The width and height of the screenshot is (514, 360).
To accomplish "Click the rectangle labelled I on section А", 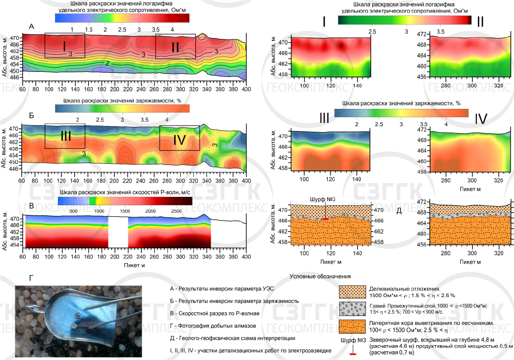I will pos(65,45).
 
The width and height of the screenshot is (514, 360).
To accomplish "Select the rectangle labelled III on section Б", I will pos(65,136).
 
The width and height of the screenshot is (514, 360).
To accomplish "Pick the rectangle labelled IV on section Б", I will pos(180,138).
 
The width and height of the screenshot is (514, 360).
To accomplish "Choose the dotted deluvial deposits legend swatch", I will pos(351,291).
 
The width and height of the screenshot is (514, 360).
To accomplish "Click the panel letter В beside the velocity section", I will pos(31,205).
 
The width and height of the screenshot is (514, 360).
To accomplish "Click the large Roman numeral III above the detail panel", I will pos(324,118).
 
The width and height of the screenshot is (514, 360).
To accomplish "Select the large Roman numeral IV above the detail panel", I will pos(481,120).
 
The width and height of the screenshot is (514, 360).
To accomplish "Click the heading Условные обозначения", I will pos(320,277).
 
